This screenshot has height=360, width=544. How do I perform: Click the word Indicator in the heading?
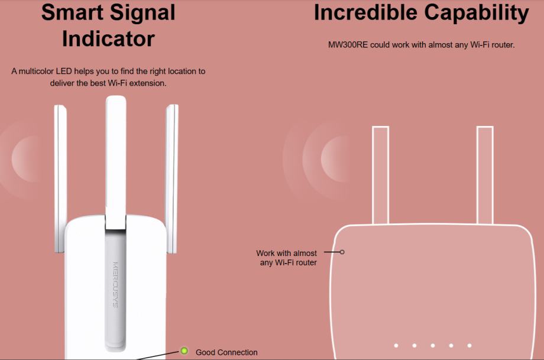[108, 38]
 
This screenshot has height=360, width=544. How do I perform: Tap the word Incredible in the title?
[365, 12]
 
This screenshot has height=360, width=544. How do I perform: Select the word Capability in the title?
[477, 14]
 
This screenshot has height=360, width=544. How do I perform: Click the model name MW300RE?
[348, 45]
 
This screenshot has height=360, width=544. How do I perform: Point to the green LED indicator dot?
[184, 351]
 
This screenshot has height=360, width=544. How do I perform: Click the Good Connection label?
[226, 352]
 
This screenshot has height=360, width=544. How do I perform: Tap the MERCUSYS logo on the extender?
[115, 285]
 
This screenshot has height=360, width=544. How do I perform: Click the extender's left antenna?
[60, 179]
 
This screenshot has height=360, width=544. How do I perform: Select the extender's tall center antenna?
[116, 163]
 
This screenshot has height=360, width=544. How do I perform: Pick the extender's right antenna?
[171, 179]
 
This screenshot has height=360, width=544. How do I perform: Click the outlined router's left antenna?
[381, 175]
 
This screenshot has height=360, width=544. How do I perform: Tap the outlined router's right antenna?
[485, 175]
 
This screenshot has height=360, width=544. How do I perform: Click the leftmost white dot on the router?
[396, 345]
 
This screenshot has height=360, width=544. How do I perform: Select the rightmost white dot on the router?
[469, 345]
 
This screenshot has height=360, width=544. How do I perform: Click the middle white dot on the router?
[433, 345]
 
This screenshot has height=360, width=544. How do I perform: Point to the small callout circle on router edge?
[342, 252]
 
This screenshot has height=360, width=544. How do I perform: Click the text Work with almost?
[287, 253]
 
